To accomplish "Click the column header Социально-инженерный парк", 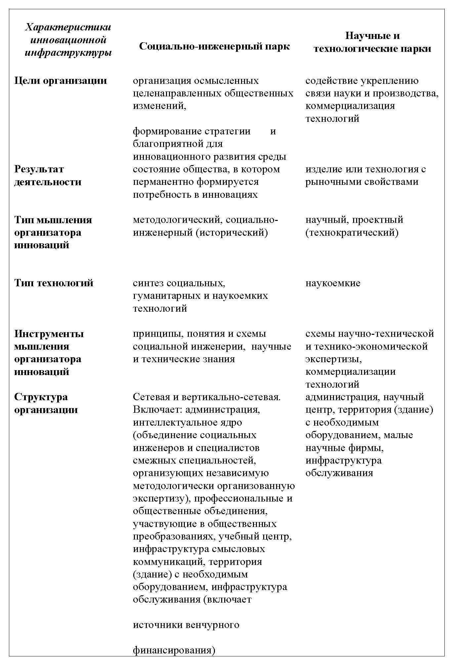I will coord(214,46).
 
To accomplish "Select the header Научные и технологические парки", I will coord(372,42).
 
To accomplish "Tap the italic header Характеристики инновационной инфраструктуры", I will coord(68,40).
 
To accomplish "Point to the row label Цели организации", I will coord(61,81).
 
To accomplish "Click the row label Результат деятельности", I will coord(48,175).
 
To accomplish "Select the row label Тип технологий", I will coord(54,283).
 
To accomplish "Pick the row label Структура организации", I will coord(46,403).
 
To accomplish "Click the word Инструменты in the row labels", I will coord(49,333).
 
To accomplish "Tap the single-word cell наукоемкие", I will coord(333,283).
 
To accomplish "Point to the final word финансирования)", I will coord(174,650).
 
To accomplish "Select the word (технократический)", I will coord(352,232).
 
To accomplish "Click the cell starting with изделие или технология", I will coord(365,175).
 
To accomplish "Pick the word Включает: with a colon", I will coord(158,410).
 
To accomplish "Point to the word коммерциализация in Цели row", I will coord(350,106).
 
